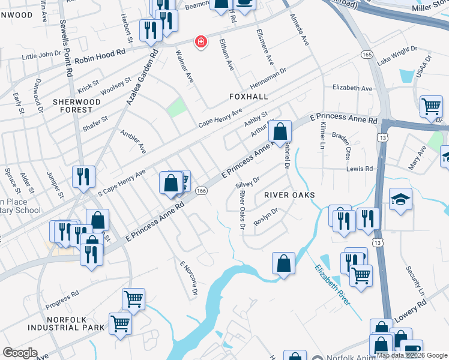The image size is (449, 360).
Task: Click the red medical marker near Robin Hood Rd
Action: pyautogui.click(x=200, y=42)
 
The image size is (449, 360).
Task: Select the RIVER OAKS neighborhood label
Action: pyautogui.click(x=289, y=196)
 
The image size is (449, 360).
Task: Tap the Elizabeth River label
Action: pyautogui.click(x=330, y=285)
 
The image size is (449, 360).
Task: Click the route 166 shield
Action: pyautogui.click(x=202, y=190)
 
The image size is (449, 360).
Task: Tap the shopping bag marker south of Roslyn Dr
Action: pyautogui.click(x=283, y=263)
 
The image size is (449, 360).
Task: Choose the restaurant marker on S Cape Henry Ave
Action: pyautogui.click(x=83, y=176)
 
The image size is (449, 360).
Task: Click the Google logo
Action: pyautogui.click(x=20, y=352)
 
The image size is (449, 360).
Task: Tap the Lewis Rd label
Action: pyautogui.click(x=360, y=169)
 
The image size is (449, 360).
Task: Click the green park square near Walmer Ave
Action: pyautogui.click(x=176, y=108)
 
